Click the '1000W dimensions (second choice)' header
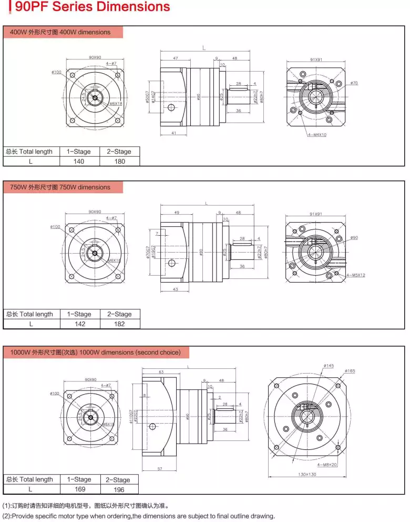(95, 352)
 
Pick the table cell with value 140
(78, 161)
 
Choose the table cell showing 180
(120, 161)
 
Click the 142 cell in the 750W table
(79, 324)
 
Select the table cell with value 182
(120, 324)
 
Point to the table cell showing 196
(118, 489)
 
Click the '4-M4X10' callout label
(317, 135)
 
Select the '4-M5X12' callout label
(356, 275)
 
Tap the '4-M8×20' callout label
(327, 465)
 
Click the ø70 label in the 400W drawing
(354, 83)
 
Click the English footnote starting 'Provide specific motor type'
(139, 516)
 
